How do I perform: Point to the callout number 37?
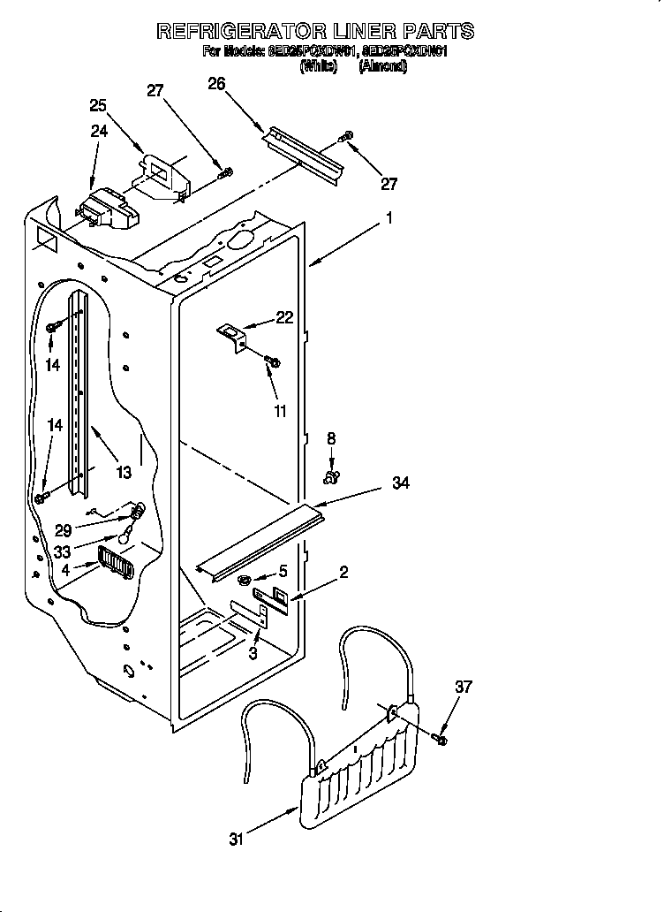click(463, 687)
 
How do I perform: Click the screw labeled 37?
click(441, 737)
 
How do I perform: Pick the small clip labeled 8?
click(331, 478)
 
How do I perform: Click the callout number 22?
click(284, 318)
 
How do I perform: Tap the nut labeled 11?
click(273, 361)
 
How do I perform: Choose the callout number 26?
click(216, 83)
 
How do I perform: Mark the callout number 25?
click(98, 105)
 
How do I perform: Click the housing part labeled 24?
click(108, 210)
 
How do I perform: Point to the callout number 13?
click(123, 473)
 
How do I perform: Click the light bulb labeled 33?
click(129, 533)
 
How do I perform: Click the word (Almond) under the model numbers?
click(382, 66)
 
